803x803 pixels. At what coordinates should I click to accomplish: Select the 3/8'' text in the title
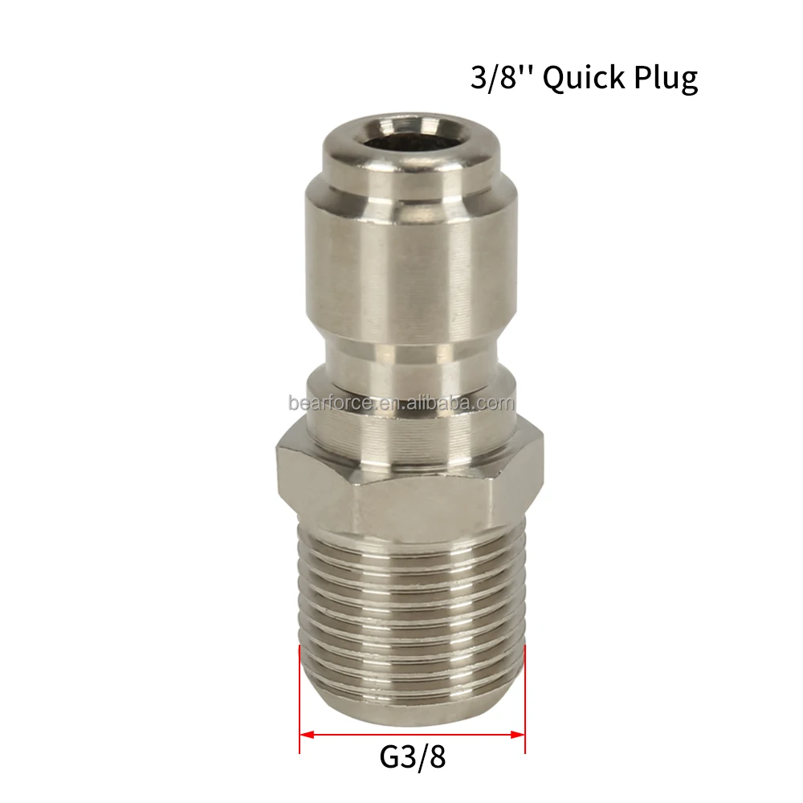[503, 78]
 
